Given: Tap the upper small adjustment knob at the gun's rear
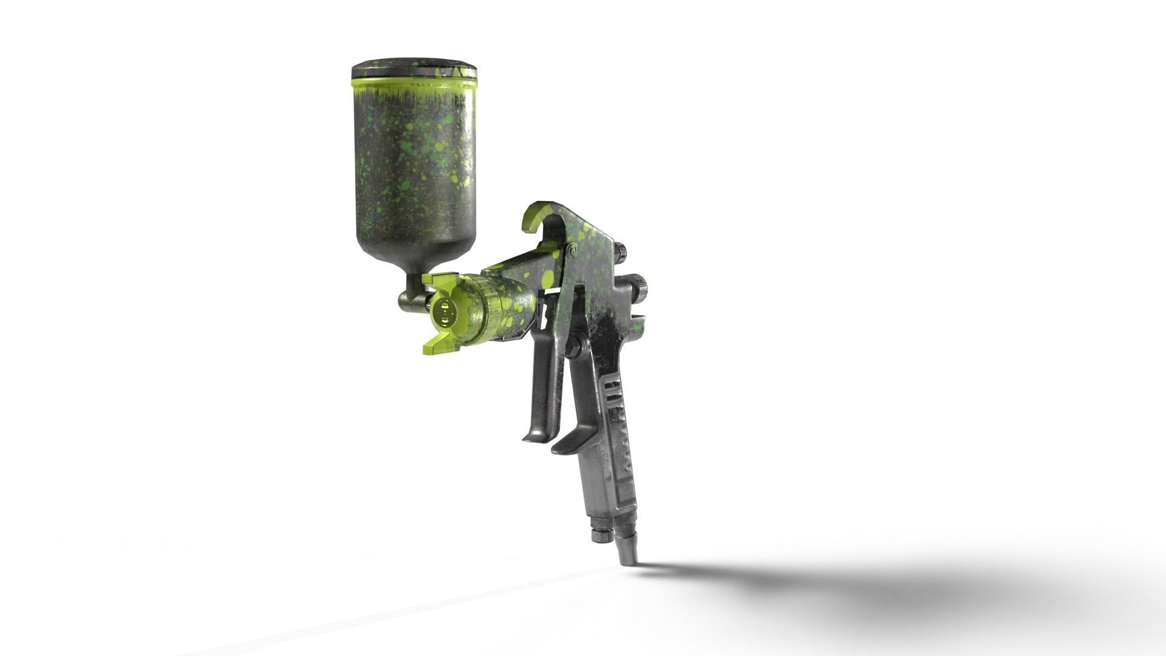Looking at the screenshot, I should point(621,251).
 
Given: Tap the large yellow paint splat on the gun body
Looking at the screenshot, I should point(548,279).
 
